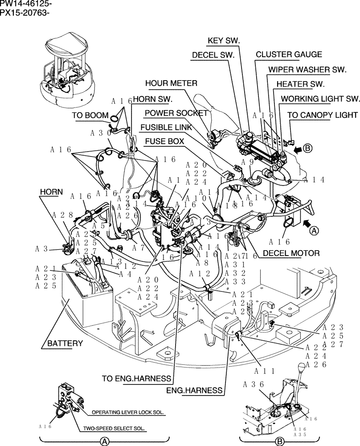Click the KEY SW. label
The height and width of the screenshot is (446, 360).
[x=224, y=41]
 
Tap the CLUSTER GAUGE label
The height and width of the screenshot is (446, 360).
[x=288, y=55]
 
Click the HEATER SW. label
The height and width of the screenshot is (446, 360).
[x=300, y=84]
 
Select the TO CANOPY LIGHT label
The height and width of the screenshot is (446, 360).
[x=322, y=115]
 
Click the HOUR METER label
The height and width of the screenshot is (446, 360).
[x=171, y=83]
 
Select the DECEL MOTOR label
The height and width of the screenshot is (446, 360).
[x=291, y=253]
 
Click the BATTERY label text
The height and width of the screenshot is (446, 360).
[x=65, y=343]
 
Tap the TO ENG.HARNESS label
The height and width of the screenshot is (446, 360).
[x=136, y=379]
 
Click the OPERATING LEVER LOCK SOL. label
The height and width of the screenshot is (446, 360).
[x=128, y=413]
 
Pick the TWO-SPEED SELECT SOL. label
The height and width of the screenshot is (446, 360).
[x=115, y=429]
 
